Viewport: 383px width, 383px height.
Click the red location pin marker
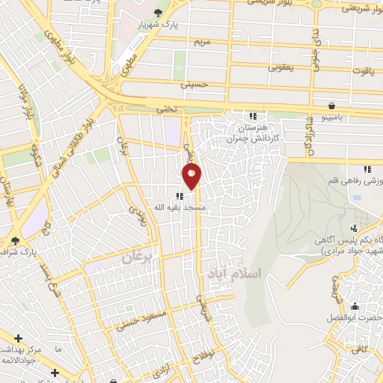tap(192, 176)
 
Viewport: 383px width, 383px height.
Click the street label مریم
tap(203, 40)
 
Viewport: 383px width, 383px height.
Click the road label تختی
tap(166, 109)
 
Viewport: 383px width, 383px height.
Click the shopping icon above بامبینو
tap(331, 105)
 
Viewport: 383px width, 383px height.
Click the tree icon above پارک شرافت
tap(16, 240)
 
